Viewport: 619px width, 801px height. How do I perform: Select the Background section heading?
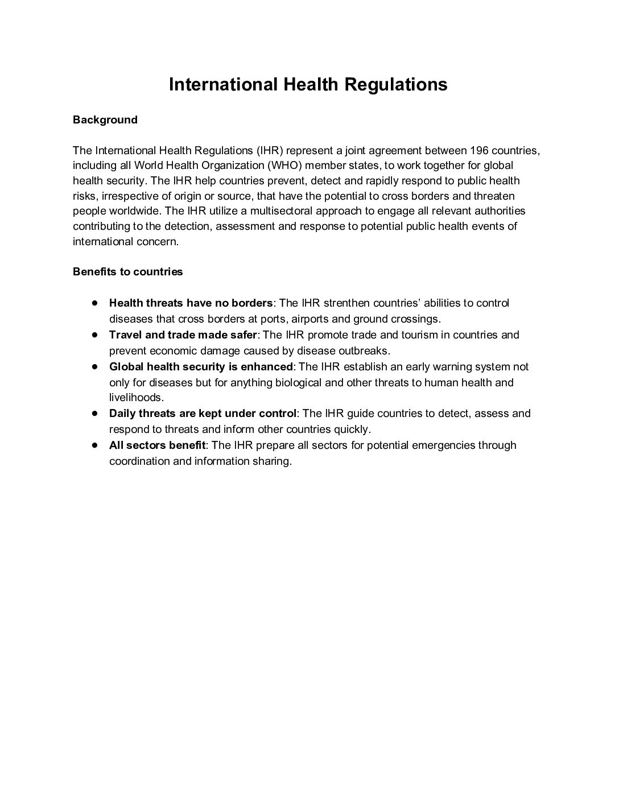tap(105, 120)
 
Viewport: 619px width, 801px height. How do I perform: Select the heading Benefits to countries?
tap(127, 272)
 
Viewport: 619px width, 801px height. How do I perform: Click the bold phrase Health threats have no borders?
tap(191, 303)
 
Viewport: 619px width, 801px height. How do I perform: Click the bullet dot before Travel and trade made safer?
tap(96, 335)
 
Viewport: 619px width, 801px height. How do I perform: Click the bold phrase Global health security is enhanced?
tap(201, 366)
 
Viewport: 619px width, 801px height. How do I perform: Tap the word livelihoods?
tap(137, 398)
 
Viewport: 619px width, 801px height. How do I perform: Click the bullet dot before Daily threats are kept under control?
tap(96, 413)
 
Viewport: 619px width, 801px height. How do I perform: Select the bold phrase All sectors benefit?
tap(157, 445)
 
